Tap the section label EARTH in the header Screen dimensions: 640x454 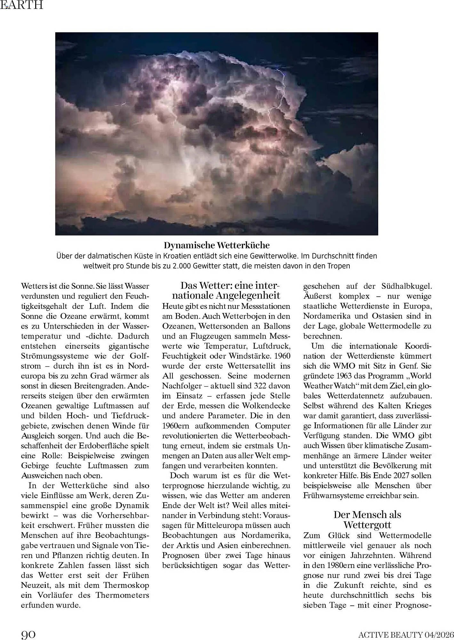tap(21, 5)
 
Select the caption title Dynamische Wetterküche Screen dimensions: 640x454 tap(217, 245)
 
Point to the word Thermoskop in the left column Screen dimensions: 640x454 tap(126, 585)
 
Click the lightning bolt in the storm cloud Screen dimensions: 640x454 tap(281, 96)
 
